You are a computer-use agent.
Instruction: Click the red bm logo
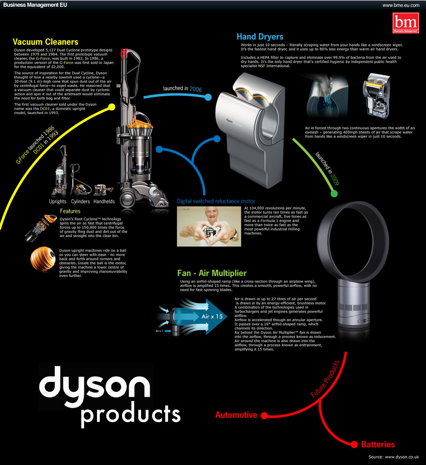tap(406, 23)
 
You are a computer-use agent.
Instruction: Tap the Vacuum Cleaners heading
tap(46, 42)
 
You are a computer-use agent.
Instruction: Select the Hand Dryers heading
tap(260, 37)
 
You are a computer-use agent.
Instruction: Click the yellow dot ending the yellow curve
tap(112, 107)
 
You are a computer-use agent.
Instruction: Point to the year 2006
tap(196, 89)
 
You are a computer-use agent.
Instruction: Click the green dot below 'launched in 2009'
tap(334, 194)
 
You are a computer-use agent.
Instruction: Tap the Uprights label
tap(58, 201)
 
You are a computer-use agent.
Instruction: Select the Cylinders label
tap(80, 201)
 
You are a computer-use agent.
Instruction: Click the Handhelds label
tap(104, 201)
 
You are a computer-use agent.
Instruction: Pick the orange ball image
tap(43, 258)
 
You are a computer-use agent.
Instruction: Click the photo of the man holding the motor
tap(209, 226)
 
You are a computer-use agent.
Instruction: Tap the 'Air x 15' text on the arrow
tap(212, 317)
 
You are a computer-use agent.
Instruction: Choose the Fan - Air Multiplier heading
tap(212, 273)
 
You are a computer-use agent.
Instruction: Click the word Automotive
tap(236, 415)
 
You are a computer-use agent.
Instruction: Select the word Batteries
tap(378, 444)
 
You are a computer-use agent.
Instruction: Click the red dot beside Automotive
tap(264, 416)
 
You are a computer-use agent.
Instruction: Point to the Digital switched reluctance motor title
tap(216, 201)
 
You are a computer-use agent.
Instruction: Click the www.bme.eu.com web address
tap(401, 5)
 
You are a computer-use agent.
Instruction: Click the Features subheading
tap(70, 211)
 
